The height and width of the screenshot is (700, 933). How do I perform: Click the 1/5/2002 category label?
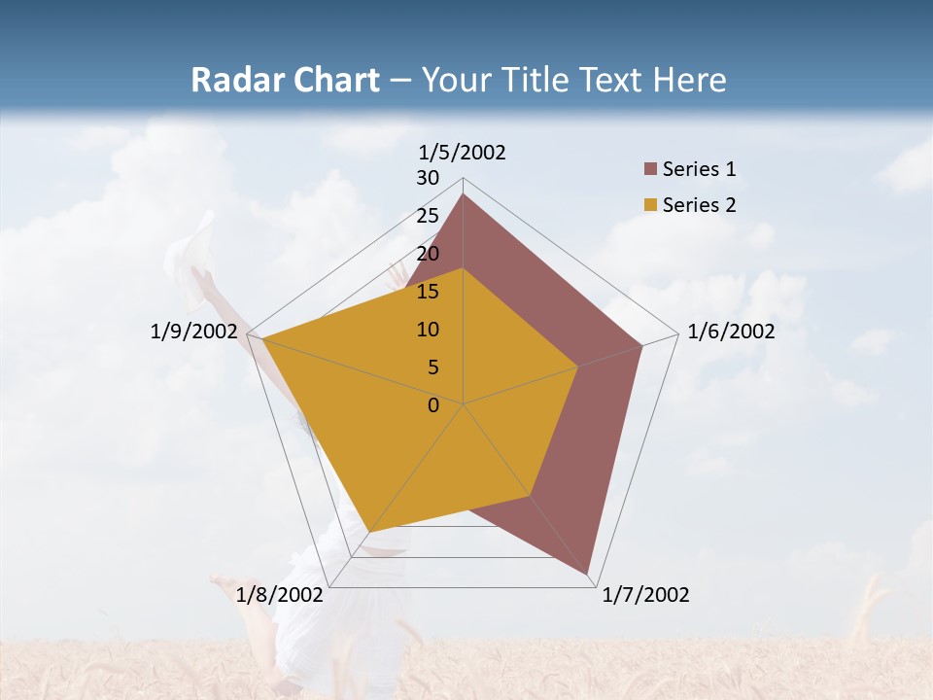tap(462, 153)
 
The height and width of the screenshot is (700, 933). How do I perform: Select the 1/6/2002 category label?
tap(731, 332)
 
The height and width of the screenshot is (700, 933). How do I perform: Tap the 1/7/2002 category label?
tap(645, 595)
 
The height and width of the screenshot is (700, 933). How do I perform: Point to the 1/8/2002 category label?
tap(279, 595)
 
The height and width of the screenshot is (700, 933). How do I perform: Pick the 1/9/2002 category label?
tap(193, 332)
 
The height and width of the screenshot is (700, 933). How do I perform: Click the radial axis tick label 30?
tap(428, 178)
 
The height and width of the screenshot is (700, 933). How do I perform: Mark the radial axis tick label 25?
tap(428, 216)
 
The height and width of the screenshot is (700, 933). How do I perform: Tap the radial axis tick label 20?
tap(428, 254)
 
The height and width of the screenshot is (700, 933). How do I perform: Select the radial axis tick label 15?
tap(428, 292)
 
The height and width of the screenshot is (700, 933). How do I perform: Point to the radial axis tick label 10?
tap(428, 330)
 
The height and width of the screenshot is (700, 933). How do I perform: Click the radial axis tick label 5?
tap(432, 367)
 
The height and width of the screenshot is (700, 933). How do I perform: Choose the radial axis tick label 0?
tap(432, 405)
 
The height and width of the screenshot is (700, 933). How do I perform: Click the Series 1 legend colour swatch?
tap(651, 169)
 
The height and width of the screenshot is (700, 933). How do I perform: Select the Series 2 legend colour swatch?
tap(651, 205)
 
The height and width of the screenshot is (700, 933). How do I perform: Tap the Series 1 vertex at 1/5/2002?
tap(463, 193)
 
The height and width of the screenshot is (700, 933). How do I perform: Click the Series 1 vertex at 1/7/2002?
tap(588, 574)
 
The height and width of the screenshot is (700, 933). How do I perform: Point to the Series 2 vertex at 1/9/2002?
tap(262, 338)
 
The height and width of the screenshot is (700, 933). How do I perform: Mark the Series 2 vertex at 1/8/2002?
tap(369, 532)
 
